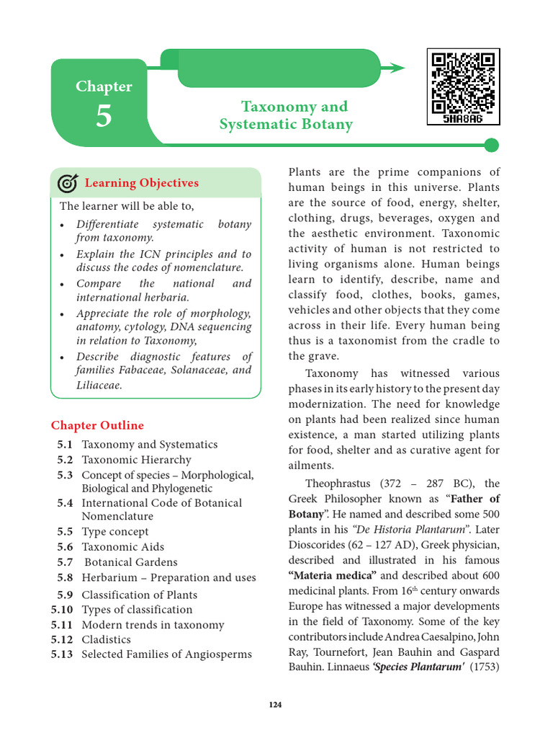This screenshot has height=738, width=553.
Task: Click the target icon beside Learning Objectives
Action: pos(67,184)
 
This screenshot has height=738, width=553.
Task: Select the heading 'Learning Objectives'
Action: pos(141,183)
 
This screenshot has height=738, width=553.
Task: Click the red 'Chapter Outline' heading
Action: pos(97,425)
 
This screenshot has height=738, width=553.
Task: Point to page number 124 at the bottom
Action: pos(276,705)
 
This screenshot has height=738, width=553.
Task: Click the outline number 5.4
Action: pos(65,503)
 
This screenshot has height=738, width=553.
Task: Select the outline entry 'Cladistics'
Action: pos(107,639)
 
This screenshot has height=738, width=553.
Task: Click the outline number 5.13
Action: pos(62,654)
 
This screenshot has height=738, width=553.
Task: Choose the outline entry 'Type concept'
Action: pos(115,532)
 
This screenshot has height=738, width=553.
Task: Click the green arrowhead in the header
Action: pos(394,68)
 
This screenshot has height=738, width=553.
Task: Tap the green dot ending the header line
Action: pos(491,146)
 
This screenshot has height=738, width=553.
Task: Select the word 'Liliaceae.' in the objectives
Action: pos(99,386)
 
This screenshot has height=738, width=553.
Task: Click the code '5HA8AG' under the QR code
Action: pos(463,118)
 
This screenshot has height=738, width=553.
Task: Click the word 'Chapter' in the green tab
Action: pos(104,86)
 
